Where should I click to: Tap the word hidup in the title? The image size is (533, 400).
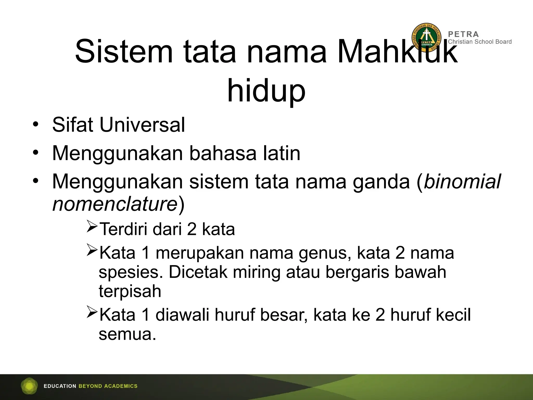(266, 91)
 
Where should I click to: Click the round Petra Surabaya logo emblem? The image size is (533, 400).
(426, 38)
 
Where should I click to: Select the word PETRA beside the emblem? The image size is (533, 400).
(463, 34)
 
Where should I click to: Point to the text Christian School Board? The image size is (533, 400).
(480, 42)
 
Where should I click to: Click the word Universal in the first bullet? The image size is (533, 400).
(142, 125)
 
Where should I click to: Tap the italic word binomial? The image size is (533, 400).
(462, 182)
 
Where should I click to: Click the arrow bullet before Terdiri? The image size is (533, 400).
(92, 226)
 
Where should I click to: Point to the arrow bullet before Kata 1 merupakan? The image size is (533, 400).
(92, 249)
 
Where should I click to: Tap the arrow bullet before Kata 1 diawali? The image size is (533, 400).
(92, 312)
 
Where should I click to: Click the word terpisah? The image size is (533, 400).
(130, 291)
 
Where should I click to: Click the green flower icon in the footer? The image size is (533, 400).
(29, 386)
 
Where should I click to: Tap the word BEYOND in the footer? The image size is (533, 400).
(90, 386)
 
